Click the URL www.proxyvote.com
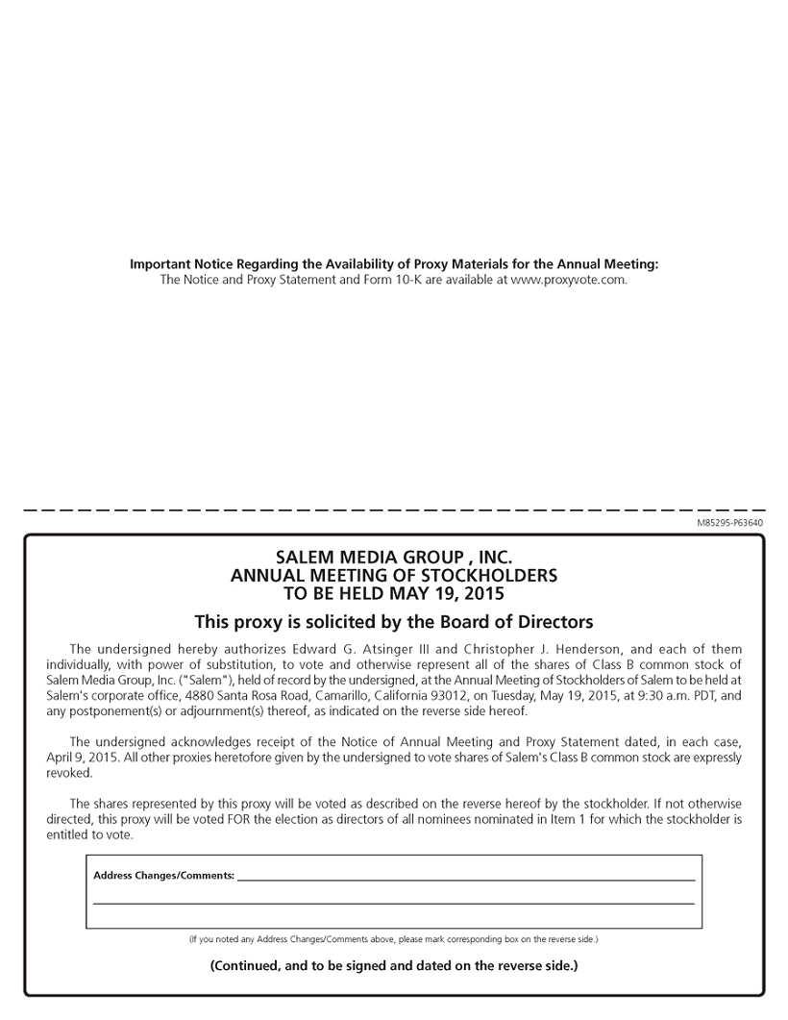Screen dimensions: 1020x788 click(x=568, y=280)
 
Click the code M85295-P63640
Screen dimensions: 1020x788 click(x=730, y=523)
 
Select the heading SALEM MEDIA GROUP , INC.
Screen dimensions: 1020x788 click(x=394, y=558)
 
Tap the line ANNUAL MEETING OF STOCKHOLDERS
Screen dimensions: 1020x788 click(x=394, y=575)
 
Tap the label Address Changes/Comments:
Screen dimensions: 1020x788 click(x=163, y=876)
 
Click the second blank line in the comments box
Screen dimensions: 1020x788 click(x=393, y=903)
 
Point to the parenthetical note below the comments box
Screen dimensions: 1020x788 click(x=393, y=938)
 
